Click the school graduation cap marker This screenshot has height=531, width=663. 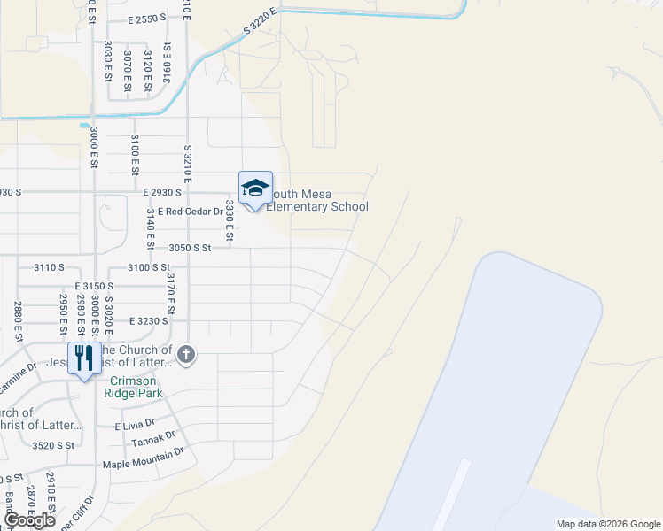coord(255,189)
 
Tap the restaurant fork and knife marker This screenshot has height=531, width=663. coord(84,358)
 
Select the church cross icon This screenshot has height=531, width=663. coord(185,356)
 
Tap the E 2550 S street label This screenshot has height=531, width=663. coord(146,19)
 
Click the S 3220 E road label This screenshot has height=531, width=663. coord(261,24)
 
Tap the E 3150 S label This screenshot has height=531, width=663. coord(95,286)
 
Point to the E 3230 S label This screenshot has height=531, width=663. coord(149,321)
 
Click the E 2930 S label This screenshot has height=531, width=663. coord(161,191)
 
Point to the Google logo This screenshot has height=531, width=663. coord(30,520)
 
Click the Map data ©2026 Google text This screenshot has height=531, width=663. coord(607,524)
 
